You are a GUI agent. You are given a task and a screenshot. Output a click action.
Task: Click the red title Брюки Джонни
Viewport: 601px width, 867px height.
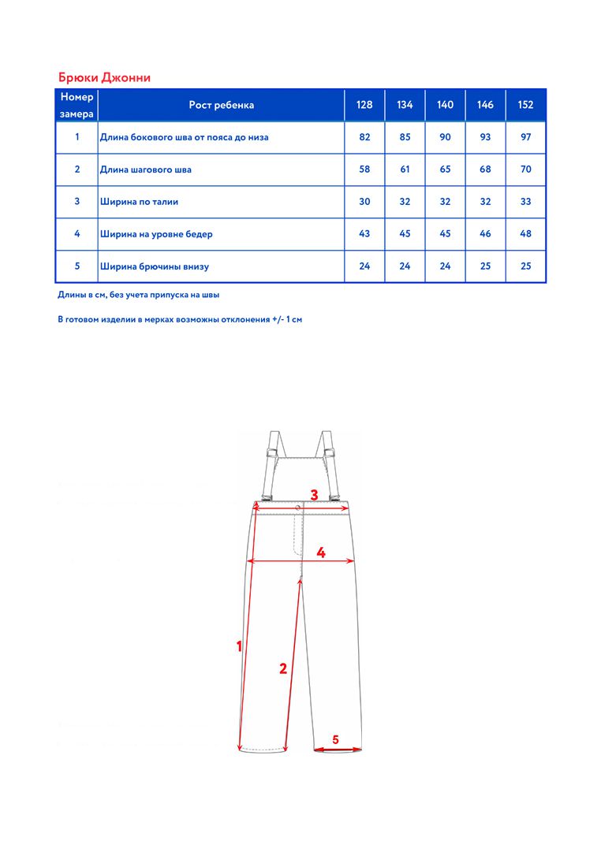(104, 77)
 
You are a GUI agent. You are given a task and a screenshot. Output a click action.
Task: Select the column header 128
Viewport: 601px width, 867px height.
(364, 105)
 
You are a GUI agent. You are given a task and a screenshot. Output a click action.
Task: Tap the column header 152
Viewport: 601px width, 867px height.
(526, 105)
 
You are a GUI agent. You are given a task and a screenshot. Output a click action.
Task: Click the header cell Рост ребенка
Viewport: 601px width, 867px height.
(222, 105)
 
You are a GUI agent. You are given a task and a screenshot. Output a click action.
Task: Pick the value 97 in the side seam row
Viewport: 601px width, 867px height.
(526, 137)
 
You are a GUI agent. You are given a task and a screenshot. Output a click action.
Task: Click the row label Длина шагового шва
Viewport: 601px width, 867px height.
(146, 169)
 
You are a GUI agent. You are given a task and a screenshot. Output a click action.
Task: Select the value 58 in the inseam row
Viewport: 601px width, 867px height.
(364, 169)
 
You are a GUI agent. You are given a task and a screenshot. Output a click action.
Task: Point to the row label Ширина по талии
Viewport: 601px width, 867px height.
(140, 202)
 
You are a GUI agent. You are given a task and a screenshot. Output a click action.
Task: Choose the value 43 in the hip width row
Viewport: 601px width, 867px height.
(364, 234)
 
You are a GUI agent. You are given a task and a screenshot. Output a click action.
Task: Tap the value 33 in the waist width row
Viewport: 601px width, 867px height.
(526, 202)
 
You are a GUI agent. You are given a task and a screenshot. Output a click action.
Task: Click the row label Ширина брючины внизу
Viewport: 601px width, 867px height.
(155, 266)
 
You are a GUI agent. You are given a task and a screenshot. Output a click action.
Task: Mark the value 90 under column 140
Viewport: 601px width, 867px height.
(445, 137)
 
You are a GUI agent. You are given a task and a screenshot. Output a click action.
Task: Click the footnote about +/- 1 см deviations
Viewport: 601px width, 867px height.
(180, 320)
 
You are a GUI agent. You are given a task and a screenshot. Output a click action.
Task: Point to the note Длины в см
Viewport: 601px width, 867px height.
(139, 295)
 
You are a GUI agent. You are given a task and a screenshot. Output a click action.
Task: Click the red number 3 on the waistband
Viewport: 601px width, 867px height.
(314, 495)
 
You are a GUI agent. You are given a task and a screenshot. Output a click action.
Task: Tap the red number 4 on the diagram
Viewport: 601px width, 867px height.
(321, 553)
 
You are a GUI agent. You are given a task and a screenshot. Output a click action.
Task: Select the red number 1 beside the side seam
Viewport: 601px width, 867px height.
(239, 646)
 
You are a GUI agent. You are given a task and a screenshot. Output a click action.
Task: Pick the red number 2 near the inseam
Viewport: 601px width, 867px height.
(283, 668)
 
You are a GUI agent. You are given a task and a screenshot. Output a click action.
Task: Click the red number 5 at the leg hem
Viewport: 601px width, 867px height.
(335, 739)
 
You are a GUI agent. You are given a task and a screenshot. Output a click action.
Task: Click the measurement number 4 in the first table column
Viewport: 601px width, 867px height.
(77, 234)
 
